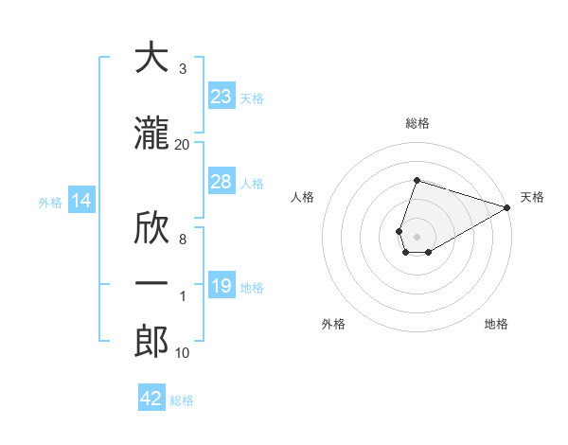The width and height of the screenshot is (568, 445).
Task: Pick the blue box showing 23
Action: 222,97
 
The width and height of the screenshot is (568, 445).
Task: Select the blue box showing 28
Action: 222,182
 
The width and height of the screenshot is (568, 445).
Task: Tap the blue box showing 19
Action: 222,286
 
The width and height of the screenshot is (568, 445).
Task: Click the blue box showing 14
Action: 80,201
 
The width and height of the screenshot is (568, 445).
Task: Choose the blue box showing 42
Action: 151,399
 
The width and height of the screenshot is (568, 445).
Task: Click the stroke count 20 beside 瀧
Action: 183,144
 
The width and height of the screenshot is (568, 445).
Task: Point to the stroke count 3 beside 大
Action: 183,69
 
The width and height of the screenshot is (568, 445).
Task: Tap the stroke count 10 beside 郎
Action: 183,353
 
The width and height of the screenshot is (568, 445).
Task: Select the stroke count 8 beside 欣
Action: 183,240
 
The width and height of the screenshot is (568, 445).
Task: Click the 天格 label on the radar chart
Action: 532,197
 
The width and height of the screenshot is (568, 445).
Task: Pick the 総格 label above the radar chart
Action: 417,123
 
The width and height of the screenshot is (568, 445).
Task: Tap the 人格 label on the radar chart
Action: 303,197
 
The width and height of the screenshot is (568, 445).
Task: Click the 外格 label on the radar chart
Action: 333,324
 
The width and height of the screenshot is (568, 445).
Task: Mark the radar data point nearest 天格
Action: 507,208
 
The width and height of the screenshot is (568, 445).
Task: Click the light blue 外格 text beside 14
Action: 50,202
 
